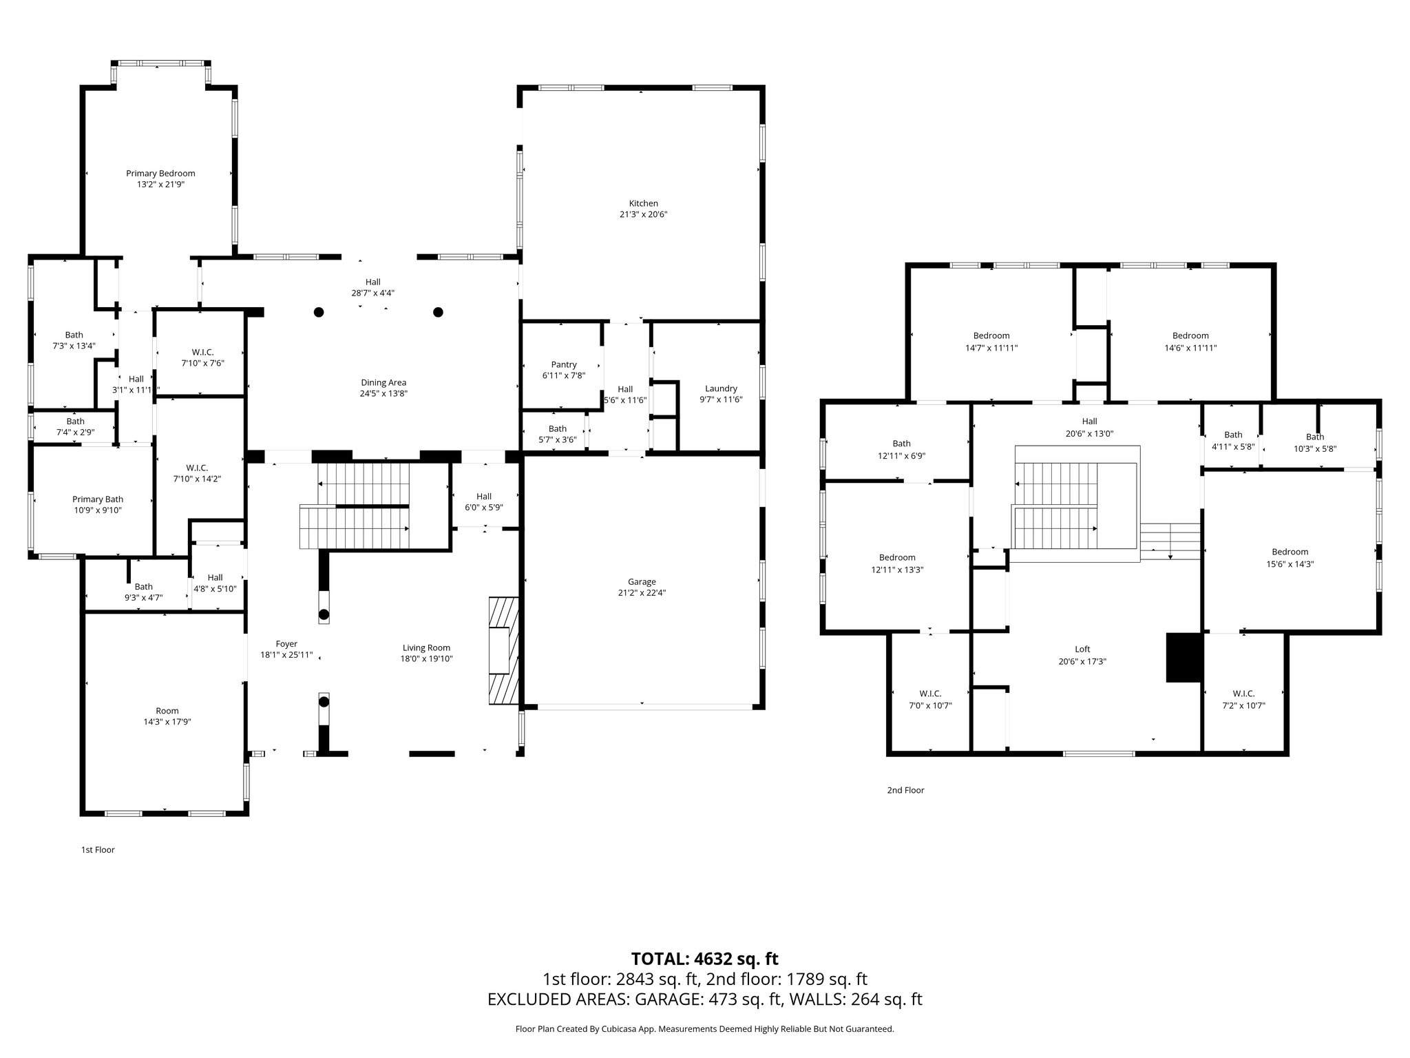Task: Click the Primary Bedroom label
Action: click(160, 174)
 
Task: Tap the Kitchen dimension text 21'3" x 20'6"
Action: click(643, 214)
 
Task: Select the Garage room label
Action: click(642, 582)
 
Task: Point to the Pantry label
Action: click(564, 364)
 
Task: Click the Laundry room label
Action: click(721, 388)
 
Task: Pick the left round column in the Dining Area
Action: click(319, 312)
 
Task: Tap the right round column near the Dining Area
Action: click(438, 312)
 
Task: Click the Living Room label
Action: click(426, 647)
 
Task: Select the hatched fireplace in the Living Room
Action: click(503, 651)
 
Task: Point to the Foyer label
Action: click(286, 644)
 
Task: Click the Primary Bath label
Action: click(97, 499)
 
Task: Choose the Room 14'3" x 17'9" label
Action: click(167, 711)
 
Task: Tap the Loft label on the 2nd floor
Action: click(1082, 649)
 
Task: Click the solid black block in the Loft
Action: click(1183, 658)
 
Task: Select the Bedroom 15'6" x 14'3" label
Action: click(1290, 552)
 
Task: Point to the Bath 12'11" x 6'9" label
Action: click(901, 444)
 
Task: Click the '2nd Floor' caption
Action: click(905, 790)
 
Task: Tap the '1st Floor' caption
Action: click(98, 849)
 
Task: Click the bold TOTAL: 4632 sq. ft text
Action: click(704, 959)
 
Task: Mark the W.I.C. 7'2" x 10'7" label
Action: click(1243, 694)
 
